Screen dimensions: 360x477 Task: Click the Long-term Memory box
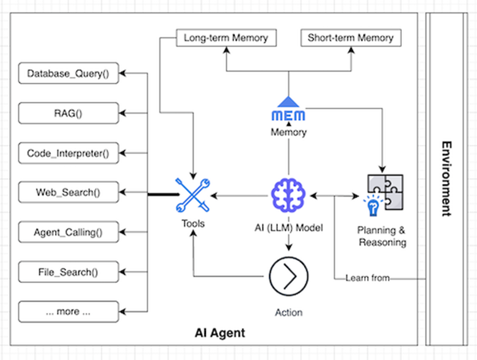[225, 38]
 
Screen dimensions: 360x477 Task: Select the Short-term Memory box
[350, 38]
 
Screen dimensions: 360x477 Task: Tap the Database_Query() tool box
[68, 74]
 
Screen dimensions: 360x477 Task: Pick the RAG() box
[68, 113]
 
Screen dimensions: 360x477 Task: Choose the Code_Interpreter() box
[68, 153]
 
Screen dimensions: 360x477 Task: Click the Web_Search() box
[68, 193]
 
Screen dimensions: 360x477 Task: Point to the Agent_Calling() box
[68, 232]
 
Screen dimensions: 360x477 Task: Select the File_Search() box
[68, 272]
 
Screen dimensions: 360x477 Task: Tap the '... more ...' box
[68, 312]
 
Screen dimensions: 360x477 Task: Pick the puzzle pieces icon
[385, 189]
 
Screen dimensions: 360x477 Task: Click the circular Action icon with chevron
[288, 277]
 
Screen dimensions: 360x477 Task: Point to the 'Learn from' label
[368, 278]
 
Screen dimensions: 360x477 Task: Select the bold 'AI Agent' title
[220, 333]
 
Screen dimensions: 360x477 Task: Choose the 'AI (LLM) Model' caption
[288, 229]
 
